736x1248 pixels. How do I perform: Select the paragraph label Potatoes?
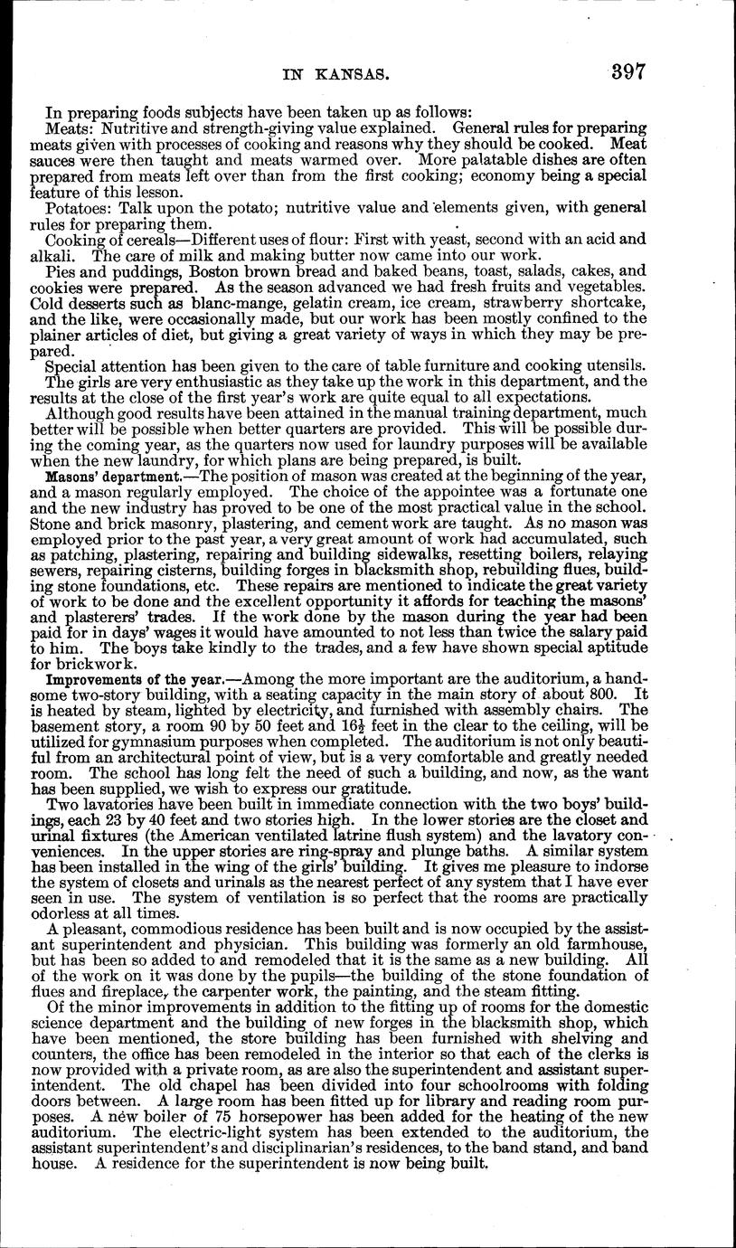[x=80, y=208]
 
